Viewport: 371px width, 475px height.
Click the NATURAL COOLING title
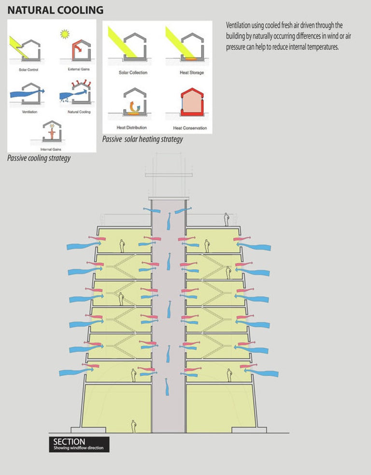click(x=55, y=10)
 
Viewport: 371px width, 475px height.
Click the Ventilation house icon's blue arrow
click(x=27, y=91)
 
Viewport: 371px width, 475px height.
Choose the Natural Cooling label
click(x=79, y=112)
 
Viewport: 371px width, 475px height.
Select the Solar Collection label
click(x=133, y=72)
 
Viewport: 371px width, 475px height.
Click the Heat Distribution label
click(x=132, y=128)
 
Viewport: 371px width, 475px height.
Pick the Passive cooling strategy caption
click(x=39, y=158)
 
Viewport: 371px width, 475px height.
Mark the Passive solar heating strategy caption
click(x=143, y=139)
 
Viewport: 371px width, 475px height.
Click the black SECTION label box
click(x=79, y=444)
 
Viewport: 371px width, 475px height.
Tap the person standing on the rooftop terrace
click(x=226, y=220)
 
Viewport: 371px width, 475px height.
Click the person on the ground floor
click(x=134, y=426)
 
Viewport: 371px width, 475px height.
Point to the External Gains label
click(x=78, y=70)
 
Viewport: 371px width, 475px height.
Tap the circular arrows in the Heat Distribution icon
click(x=132, y=106)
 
